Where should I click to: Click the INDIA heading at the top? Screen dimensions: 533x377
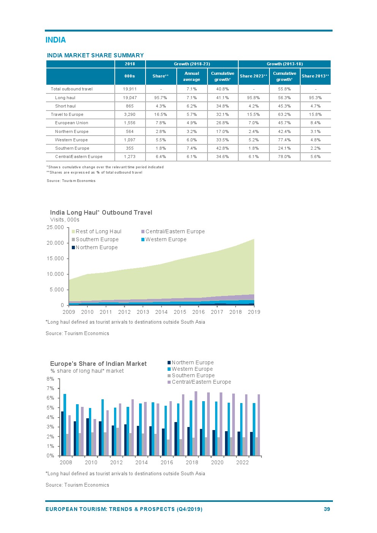[55, 40]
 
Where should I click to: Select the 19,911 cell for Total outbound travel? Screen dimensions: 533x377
[130, 89]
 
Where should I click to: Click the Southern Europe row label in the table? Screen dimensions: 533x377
[72, 148]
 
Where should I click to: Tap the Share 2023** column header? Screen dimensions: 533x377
[253, 76]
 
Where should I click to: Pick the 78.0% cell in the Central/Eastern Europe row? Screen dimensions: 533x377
[284, 157]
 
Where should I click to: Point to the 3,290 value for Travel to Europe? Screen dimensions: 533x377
[130, 114]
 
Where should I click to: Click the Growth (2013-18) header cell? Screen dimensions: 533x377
[285, 64]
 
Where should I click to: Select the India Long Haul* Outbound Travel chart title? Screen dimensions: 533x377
[101, 212]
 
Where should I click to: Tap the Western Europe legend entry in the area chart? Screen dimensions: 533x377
[165, 239]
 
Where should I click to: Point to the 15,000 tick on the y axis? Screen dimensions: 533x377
[55, 258]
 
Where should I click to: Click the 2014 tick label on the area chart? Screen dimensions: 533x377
[161, 312]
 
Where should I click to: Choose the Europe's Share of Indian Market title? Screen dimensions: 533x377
[98, 364]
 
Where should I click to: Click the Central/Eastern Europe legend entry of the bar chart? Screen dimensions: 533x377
[201, 382]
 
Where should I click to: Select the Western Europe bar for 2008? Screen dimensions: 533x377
[65, 425]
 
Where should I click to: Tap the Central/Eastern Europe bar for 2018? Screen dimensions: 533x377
[196, 424]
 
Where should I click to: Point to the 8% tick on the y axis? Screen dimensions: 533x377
[50, 379]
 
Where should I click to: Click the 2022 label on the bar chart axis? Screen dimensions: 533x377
[242, 462]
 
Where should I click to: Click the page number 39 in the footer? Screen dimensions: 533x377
[327, 509]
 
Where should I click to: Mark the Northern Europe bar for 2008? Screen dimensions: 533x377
[62, 433]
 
